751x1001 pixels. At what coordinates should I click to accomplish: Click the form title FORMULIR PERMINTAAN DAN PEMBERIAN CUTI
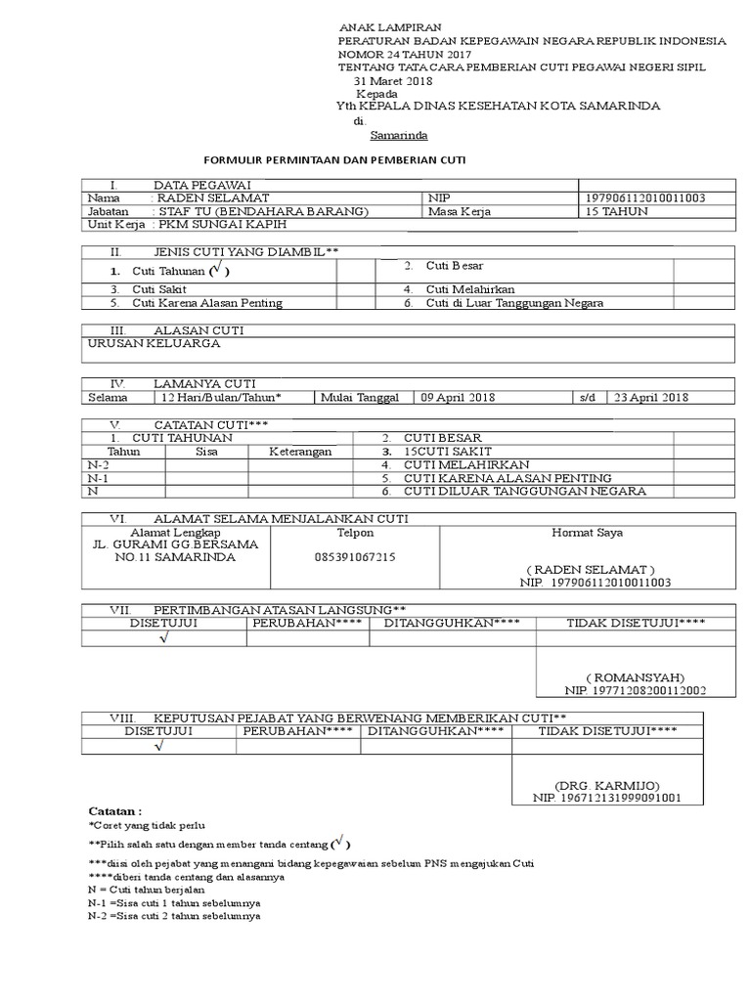click(x=334, y=159)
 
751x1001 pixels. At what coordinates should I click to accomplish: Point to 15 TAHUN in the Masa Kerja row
click(x=616, y=211)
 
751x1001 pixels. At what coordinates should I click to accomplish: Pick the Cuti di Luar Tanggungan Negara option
click(x=513, y=303)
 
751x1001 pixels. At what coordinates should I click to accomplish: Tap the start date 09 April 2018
click(x=458, y=397)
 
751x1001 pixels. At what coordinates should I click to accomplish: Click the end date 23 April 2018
click(x=650, y=397)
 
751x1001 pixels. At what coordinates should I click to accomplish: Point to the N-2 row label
click(x=99, y=465)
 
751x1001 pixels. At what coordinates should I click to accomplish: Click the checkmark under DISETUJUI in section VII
click(x=163, y=638)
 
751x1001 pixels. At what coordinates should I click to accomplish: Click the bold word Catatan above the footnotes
click(x=115, y=811)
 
